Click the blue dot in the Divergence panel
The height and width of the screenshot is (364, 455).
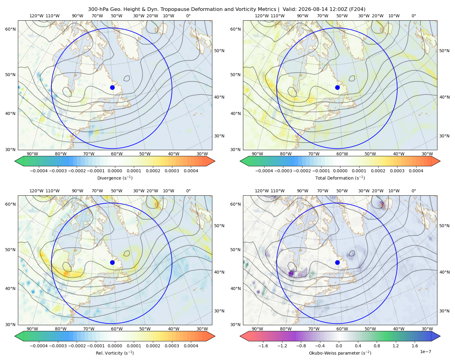(112, 87)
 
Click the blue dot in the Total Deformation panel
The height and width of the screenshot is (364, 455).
(337, 87)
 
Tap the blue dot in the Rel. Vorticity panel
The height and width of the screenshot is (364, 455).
(112, 262)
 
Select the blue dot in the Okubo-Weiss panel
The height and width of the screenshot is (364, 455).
(337, 262)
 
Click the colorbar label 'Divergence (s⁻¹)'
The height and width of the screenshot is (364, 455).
(115, 178)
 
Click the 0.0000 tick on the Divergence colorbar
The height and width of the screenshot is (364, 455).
(115, 171)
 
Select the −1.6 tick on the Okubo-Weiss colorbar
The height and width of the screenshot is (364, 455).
(263, 346)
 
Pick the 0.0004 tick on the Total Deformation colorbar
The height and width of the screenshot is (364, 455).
(416, 171)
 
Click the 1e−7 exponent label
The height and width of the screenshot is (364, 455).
(425, 352)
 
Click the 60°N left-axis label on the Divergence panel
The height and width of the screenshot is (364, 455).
(10, 29)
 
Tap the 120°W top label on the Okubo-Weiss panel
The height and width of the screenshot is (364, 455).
(261, 191)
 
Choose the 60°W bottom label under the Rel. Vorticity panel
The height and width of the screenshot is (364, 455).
(117, 329)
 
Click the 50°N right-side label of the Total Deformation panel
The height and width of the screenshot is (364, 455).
(444, 51)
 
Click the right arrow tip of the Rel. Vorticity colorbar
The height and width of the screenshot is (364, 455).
(215, 336)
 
